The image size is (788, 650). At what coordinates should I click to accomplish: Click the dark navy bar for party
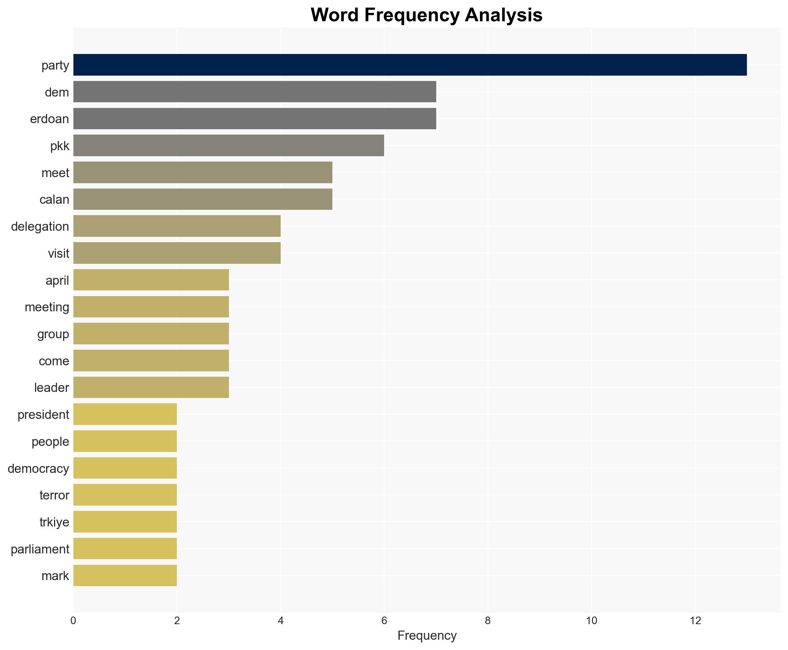click(410, 65)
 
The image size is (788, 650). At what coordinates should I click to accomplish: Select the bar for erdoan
click(254, 119)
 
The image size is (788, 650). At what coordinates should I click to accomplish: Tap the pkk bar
click(229, 146)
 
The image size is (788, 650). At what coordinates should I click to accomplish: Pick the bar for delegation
click(177, 226)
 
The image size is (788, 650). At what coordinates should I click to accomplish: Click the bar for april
click(151, 280)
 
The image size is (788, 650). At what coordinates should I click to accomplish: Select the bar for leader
click(151, 387)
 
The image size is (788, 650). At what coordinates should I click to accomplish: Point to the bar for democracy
click(125, 468)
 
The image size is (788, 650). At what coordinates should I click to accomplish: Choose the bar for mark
click(125, 575)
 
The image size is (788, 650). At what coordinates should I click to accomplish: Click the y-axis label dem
click(57, 92)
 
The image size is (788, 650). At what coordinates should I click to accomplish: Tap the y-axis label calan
click(54, 200)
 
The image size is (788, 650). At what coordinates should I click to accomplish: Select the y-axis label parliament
click(40, 549)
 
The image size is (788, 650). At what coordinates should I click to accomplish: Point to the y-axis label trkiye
click(54, 522)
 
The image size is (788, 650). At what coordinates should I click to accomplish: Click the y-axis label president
click(43, 415)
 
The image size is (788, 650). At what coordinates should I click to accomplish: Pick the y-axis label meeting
click(47, 307)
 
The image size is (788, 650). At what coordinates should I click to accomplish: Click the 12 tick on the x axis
click(695, 621)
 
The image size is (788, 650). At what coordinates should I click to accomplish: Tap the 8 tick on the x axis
click(488, 621)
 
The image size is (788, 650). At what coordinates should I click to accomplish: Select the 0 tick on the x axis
click(73, 621)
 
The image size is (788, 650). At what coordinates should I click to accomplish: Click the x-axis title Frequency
click(427, 636)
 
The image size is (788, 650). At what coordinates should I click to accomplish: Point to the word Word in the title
click(335, 15)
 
